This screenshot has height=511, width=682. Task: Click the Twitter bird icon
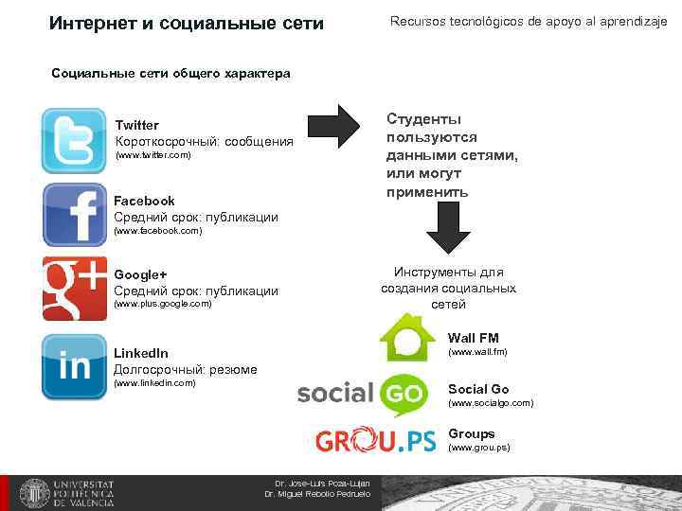74,140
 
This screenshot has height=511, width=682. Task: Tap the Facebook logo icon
74,214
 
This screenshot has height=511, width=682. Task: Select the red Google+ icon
74,288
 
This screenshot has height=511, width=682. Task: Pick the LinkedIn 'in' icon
74,366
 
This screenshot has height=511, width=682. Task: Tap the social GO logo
363,395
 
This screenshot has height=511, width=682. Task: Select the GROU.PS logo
375,440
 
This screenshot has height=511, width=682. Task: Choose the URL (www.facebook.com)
157,231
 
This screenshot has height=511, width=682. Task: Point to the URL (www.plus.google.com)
163,305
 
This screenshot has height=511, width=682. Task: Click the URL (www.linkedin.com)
154,383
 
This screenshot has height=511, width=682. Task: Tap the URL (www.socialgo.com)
491,403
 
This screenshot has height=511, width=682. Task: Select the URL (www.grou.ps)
478,448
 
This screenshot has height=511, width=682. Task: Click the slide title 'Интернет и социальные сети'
186,22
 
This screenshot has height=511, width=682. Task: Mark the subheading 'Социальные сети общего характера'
170,73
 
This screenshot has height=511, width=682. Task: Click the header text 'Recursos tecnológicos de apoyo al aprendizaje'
529,21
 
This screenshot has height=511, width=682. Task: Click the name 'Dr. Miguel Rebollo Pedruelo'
317,494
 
